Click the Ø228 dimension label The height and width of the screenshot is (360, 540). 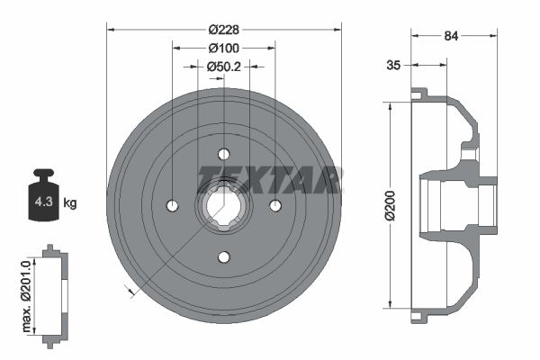pos(223,29)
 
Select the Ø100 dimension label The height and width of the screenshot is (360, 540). pos(223,47)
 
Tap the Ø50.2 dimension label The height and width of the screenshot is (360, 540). pos(223,66)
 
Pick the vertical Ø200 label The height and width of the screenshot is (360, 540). pos(390,205)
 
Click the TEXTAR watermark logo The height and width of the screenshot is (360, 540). pos(269,179)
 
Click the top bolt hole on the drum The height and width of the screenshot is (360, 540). pos(224,154)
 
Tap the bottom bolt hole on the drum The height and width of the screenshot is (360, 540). pos(224,257)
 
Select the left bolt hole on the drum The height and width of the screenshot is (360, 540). pos(172,206)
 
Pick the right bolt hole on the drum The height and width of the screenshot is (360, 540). pos(275,206)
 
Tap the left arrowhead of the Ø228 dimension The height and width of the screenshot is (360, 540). pos(111,29)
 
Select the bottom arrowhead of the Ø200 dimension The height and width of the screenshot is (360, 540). pos(390,303)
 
